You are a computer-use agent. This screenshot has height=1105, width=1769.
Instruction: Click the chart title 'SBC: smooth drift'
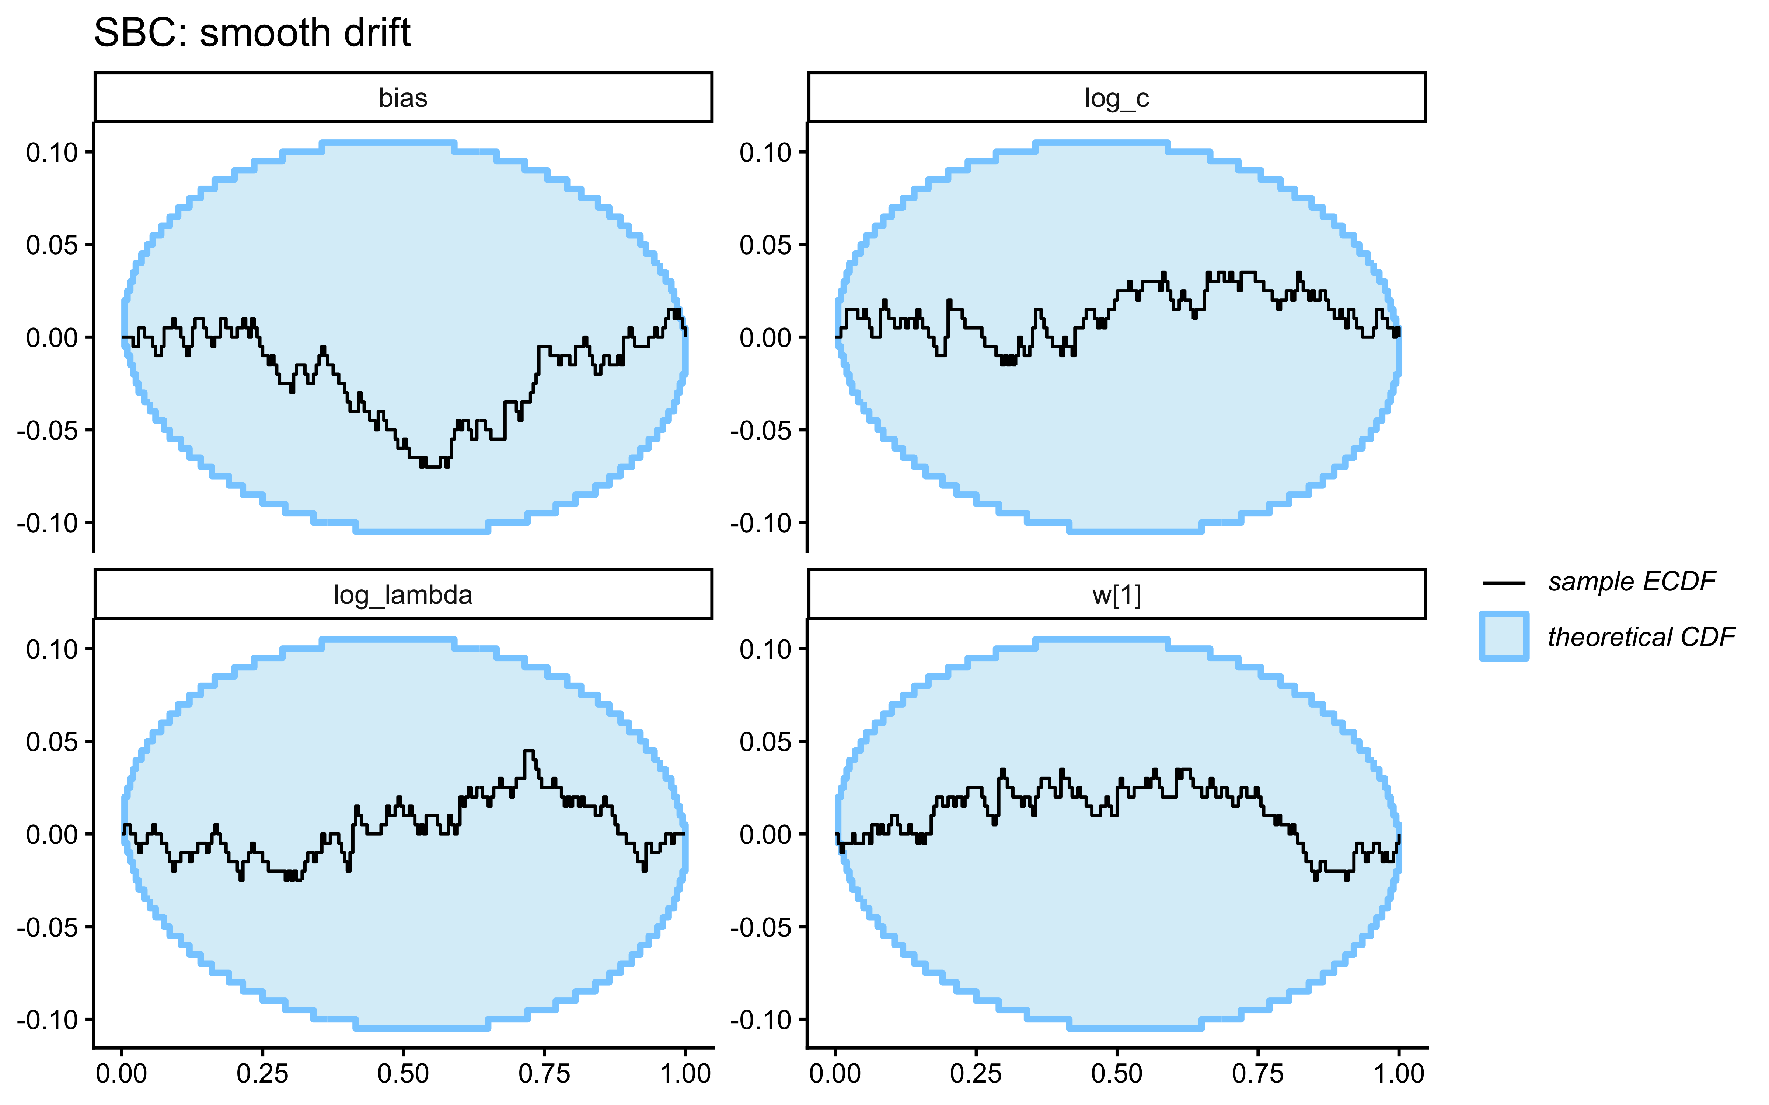(x=252, y=33)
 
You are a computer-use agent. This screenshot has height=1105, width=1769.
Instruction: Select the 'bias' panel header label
(x=403, y=98)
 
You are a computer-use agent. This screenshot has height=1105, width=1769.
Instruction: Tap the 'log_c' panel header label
(x=1116, y=98)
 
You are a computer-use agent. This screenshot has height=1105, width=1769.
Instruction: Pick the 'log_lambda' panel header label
(x=403, y=595)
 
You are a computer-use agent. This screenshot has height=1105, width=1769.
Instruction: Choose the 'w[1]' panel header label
(x=1116, y=595)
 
